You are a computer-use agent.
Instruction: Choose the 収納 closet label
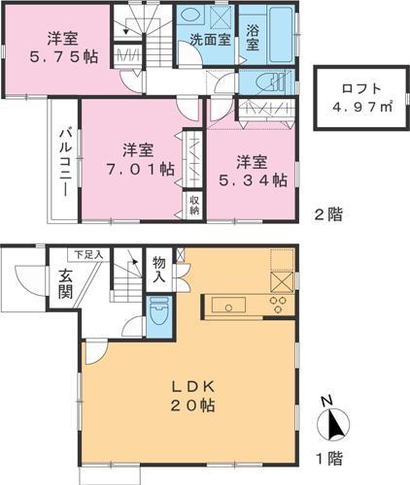[194, 205]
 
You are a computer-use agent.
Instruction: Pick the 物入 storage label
[158, 269]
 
